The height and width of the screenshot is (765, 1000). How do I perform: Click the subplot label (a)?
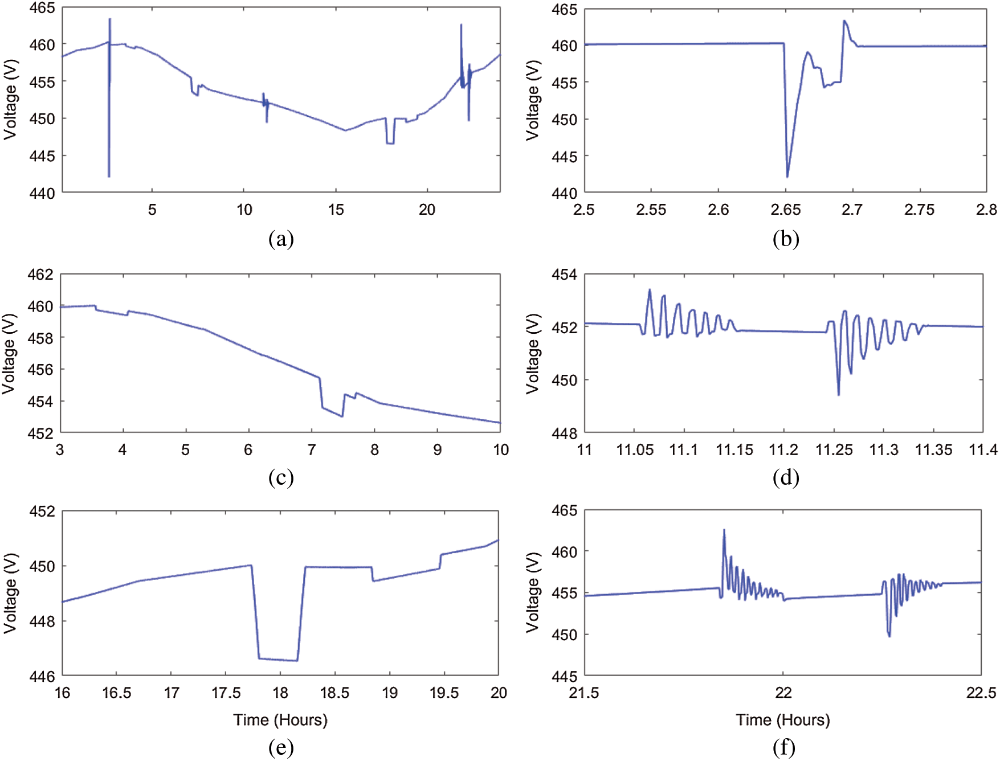(x=281, y=239)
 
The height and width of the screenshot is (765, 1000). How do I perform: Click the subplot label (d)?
(x=786, y=477)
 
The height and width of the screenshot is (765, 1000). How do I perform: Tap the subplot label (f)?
(x=784, y=747)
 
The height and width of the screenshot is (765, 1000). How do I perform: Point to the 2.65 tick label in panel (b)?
(x=785, y=210)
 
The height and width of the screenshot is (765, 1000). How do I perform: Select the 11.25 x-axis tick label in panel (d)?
(x=834, y=450)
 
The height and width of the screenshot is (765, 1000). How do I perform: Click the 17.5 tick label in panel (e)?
(x=226, y=693)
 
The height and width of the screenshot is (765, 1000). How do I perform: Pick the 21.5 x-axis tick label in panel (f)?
(x=584, y=693)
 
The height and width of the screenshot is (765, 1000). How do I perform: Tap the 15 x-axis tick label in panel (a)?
(x=336, y=210)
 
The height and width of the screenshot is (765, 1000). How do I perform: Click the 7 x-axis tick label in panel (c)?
(x=311, y=450)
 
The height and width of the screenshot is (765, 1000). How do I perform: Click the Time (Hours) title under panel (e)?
(x=280, y=720)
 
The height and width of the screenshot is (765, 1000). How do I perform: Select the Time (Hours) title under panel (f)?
(x=783, y=720)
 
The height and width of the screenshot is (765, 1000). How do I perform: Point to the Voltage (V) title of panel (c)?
(x=9, y=354)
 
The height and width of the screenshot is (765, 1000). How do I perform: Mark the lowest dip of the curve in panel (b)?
(x=787, y=177)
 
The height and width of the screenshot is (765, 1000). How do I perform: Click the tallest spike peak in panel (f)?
(x=724, y=530)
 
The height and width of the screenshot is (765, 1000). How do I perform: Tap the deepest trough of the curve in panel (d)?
(x=838, y=395)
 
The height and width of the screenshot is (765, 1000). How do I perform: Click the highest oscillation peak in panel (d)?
(x=650, y=289)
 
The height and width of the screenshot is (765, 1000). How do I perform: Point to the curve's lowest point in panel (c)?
(x=342, y=416)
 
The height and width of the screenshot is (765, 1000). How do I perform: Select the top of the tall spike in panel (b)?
(x=844, y=21)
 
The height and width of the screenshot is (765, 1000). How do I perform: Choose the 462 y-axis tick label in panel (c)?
(x=40, y=275)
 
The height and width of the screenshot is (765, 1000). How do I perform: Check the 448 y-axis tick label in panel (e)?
(x=42, y=621)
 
